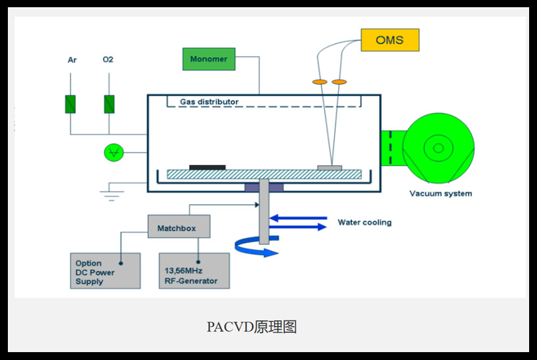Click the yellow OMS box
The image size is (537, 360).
coord(389,39)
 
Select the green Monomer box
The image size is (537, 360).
coord(208,59)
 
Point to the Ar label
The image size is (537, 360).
coord(72,60)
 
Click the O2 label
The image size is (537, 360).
coord(108,60)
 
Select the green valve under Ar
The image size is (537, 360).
coord(70,104)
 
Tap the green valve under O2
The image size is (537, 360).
coord(109,104)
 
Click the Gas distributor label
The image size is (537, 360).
coord(209,102)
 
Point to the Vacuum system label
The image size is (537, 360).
coord(440,193)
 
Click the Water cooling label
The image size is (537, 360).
coord(364,222)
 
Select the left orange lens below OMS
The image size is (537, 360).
coord(319,82)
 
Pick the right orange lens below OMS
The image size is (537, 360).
coord(339,82)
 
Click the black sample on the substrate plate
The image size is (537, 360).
coord(207,168)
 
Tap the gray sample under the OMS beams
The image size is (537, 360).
coord(330,168)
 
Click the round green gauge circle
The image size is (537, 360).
coord(114,152)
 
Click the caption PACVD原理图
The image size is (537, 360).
coord(251,326)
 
